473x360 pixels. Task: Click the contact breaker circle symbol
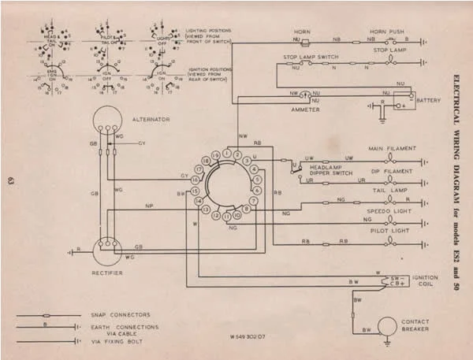(x=386, y=325)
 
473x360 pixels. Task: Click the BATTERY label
(x=429, y=101)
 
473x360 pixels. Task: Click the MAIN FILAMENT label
(x=391, y=148)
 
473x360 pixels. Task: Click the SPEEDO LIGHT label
(x=389, y=213)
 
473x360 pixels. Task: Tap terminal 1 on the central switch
(x=226, y=152)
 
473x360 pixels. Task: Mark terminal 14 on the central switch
(x=197, y=202)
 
